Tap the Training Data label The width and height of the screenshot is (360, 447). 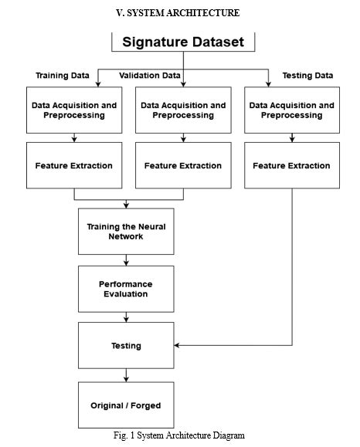point(63,76)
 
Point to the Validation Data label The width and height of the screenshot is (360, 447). point(150,76)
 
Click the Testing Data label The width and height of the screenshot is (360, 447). point(307,76)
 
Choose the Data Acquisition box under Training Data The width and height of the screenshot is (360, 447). point(73,110)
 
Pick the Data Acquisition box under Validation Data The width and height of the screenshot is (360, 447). point(183,110)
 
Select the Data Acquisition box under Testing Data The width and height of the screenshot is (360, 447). point(291,110)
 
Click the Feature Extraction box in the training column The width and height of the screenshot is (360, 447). point(73,165)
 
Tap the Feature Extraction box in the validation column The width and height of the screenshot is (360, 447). point(183,165)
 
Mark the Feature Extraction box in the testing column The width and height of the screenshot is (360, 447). point(291,165)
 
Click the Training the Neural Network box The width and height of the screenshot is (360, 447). point(126,232)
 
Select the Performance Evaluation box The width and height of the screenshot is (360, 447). point(126,289)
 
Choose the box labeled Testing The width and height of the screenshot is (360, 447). point(126,346)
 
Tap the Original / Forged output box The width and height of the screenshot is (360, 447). point(126,405)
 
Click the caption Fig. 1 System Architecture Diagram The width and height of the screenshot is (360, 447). point(178,435)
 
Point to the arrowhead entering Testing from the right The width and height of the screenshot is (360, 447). point(178,345)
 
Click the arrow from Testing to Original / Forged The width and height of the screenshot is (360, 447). point(126,375)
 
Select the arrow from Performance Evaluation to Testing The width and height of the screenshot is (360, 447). point(126,317)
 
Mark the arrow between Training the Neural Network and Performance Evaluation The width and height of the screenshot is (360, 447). point(126,260)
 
